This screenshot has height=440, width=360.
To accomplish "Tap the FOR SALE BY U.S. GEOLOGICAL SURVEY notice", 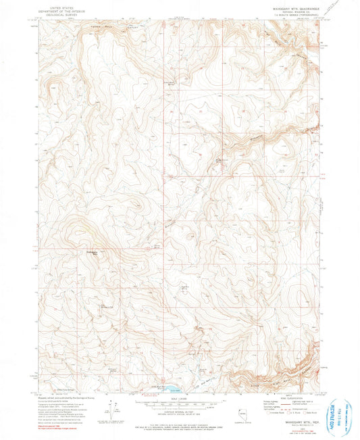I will point(180,422).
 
